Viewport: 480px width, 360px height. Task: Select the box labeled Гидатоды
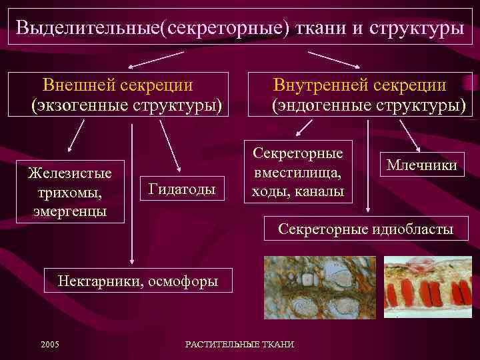(182, 190)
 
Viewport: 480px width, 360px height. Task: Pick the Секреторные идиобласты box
(365, 229)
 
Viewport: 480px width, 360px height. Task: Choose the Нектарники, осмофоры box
(138, 281)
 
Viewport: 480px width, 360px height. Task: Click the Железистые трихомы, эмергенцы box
(70, 191)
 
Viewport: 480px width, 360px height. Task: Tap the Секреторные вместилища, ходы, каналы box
(298, 172)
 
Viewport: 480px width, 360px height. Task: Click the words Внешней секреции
(118, 85)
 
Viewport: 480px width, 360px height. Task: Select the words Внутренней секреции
(359, 85)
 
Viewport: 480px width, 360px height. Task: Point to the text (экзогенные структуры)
(126, 105)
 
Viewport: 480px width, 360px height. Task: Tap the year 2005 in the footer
(49, 344)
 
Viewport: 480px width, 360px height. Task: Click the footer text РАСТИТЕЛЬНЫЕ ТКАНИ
(239, 344)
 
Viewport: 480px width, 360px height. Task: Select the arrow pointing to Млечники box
(409, 137)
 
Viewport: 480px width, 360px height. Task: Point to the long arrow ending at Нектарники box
(132, 193)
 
